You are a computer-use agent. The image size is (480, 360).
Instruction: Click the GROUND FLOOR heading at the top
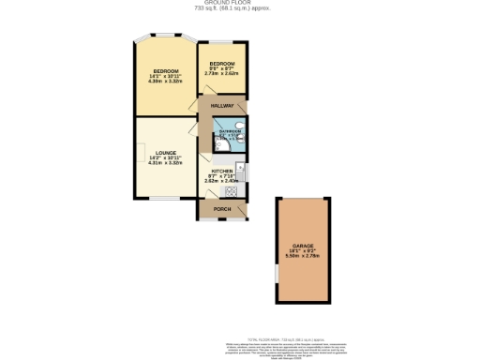239,3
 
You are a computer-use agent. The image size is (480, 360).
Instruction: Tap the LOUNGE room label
165,153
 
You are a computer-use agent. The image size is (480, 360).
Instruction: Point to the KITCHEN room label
222,170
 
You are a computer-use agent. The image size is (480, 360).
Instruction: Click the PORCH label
222,208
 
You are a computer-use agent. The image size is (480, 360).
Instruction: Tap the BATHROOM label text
230,132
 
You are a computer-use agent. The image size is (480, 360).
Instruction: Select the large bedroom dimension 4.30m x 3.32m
165,81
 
